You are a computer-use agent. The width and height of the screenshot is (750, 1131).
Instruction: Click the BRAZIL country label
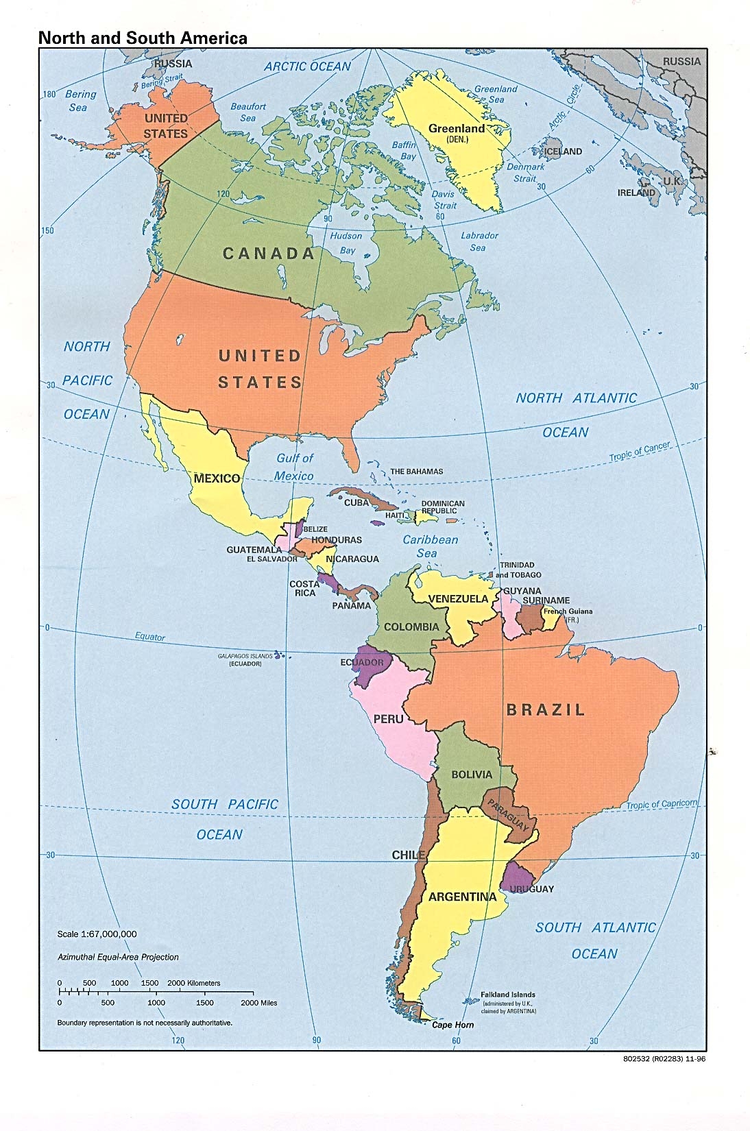[x=546, y=709]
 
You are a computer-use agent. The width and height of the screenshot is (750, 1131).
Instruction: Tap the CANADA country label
[x=269, y=254]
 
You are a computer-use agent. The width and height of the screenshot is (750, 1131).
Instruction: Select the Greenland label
[x=456, y=129]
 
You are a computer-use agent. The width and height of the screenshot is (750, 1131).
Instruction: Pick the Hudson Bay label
[x=346, y=243]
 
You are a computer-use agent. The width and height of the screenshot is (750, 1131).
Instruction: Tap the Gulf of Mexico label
[x=294, y=467]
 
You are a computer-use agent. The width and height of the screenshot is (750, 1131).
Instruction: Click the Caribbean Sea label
[x=430, y=546]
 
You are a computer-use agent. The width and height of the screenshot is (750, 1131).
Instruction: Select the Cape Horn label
[x=452, y=1025]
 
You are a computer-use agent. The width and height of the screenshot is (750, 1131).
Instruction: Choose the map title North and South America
[x=143, y=38]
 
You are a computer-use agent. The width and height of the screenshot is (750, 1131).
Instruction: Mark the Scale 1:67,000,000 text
[x=97, y=934]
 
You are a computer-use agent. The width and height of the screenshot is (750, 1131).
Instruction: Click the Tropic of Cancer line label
[x=639, y=451]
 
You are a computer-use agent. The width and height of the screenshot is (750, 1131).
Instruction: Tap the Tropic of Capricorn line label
[x=662, y=804]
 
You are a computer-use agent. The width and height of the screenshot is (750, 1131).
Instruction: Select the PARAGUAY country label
[x=509, y=812]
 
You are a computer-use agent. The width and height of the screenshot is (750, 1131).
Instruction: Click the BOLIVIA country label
[x=472, y=775]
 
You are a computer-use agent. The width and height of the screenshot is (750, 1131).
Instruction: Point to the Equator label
[x=149, y=636]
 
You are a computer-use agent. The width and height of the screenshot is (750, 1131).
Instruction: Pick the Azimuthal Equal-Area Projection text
[x=118, y=957]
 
